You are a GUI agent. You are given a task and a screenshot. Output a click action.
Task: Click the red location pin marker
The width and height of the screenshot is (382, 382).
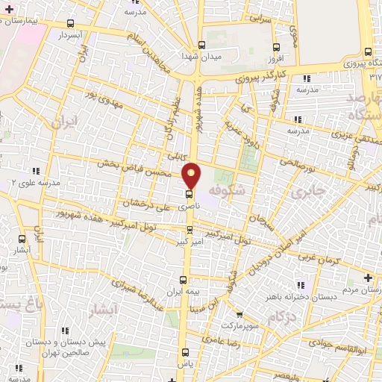tap(192, 175)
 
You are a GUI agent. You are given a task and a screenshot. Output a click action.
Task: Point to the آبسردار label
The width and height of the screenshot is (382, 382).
tap(75, 35)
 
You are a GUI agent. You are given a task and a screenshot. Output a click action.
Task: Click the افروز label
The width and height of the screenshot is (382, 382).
tap(275, 57)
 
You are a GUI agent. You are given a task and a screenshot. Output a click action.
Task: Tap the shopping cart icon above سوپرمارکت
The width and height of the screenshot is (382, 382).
tap(239, 314)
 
